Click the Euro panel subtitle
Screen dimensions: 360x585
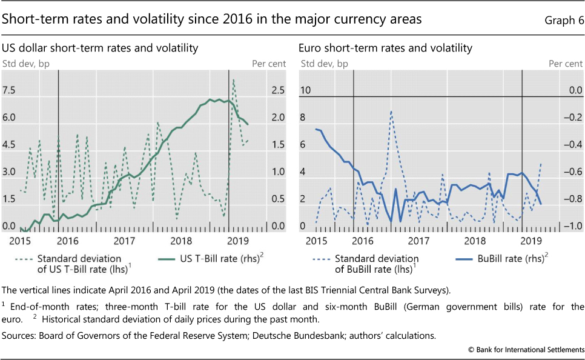coord(386,48)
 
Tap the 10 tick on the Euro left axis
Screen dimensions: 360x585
coord(306,90)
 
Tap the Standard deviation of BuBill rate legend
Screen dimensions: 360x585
coord(374,263)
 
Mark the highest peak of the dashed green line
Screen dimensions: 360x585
coord(234,80)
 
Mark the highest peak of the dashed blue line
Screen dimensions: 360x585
coord(391,112)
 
